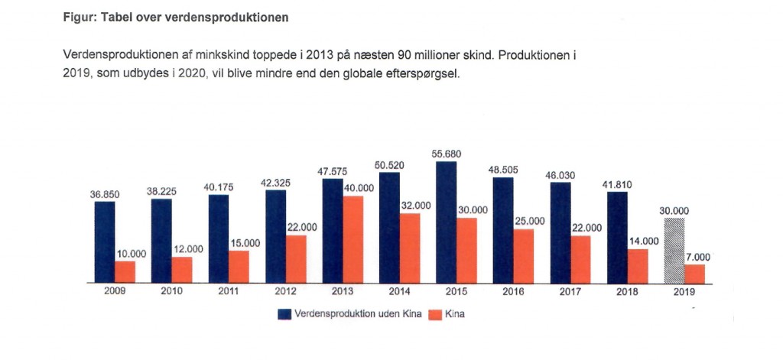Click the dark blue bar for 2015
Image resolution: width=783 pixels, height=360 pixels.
pos(446,222)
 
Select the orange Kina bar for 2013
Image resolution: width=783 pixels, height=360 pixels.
pos(353,239)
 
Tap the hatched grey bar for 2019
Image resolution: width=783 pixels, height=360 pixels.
pos(675,250)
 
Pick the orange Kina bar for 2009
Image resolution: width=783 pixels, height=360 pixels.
pos(125,271)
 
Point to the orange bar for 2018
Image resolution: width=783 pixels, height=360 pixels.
pos(638,265)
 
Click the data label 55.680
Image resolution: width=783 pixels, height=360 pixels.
pos(447,154)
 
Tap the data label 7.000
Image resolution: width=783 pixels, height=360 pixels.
pos(697,257)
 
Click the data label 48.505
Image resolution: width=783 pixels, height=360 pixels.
pos(503,170)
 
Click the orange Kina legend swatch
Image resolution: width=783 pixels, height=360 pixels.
pos(434,314)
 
